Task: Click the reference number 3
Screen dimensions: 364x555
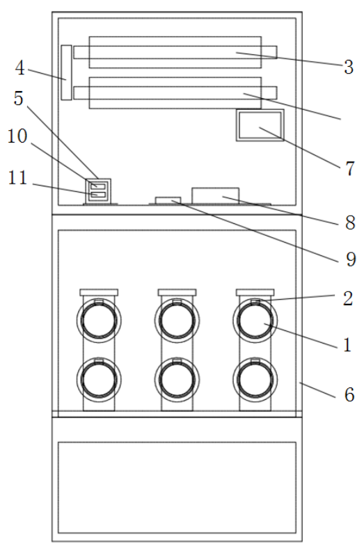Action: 349,67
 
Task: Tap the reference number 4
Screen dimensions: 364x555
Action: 19,68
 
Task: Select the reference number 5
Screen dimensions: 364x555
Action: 19,98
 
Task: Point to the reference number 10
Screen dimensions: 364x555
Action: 17,136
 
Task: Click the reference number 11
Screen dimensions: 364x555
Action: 17,177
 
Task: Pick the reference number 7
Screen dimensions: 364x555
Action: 350,168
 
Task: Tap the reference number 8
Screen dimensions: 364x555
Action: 350,223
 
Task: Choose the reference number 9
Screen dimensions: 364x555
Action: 351,259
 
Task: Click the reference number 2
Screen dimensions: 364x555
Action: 348,299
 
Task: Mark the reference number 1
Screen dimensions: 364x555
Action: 347,344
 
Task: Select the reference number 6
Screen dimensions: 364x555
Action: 349,394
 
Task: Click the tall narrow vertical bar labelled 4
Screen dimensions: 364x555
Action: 66,72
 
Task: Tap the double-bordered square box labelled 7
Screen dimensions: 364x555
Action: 260,125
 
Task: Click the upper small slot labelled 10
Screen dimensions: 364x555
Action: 98,186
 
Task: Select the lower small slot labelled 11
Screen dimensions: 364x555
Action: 98,194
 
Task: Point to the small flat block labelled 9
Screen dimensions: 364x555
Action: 168,200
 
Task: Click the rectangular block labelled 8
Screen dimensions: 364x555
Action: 216,195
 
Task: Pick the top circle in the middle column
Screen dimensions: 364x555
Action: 177,320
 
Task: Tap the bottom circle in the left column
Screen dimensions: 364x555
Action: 99,379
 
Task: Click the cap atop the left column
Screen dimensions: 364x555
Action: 99,292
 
